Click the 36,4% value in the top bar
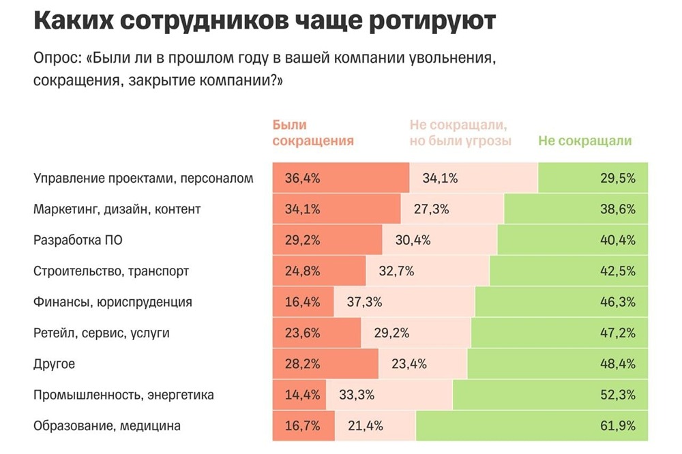point(296,179)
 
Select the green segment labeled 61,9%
point(532,426)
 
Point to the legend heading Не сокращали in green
point(584,141)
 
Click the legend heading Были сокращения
point(312,133)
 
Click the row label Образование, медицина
point(107,426)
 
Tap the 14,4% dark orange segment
point(299,395)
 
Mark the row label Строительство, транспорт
point(111,271)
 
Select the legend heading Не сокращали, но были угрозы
point(460,133)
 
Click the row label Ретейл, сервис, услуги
point(101,333)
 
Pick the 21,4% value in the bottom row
point(366,426)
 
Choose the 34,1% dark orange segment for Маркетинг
point(337,209)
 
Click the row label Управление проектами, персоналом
point(143,179)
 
